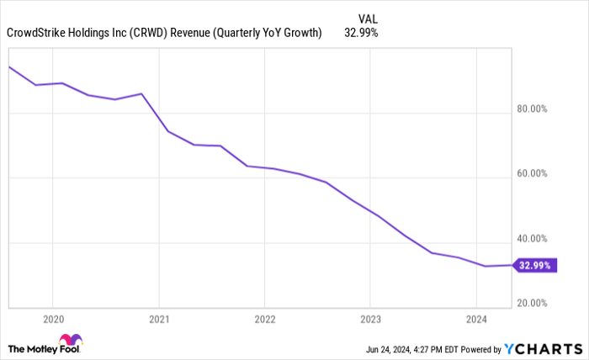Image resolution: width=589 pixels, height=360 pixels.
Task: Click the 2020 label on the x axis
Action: [x=52, y=319]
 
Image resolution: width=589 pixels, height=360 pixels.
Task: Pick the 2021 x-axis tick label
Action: [x=159, y=319]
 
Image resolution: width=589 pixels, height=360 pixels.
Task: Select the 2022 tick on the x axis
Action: [x=264, y=319]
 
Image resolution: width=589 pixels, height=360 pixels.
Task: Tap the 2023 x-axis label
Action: [x=370, y=319]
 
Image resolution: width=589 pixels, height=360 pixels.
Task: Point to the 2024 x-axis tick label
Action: [x=476, y=319]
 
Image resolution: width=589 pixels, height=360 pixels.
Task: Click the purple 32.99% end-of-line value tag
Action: [x=536, y=265]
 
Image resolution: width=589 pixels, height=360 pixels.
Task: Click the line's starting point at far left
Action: [x=9, y=66]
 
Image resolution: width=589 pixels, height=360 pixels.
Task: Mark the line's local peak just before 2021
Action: [x=141, y=93]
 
